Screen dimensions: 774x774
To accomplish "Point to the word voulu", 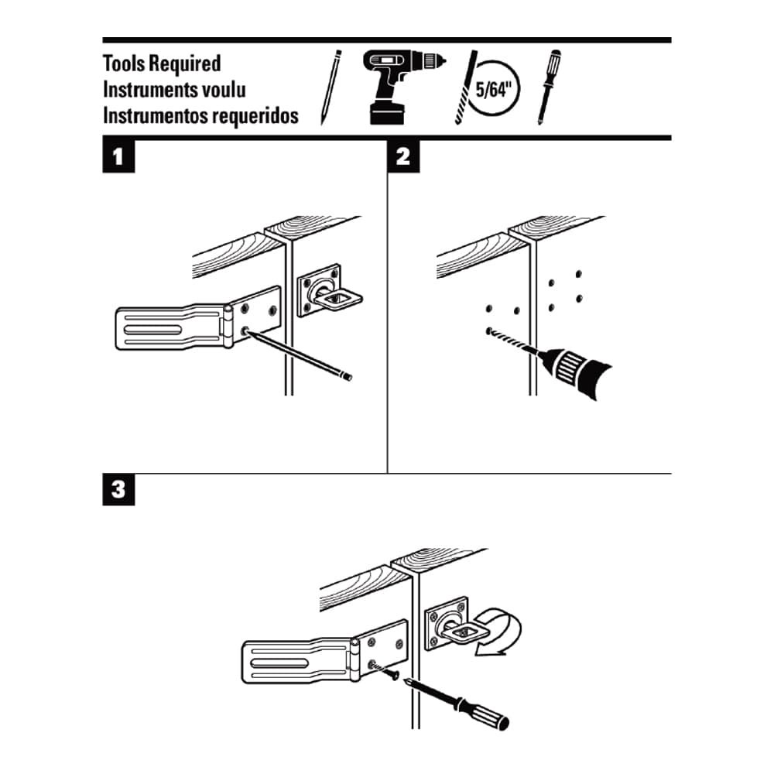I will (221, 90).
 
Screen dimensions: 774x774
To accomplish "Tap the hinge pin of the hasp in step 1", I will (228, 327).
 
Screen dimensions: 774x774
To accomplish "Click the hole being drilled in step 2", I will (490, 331).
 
